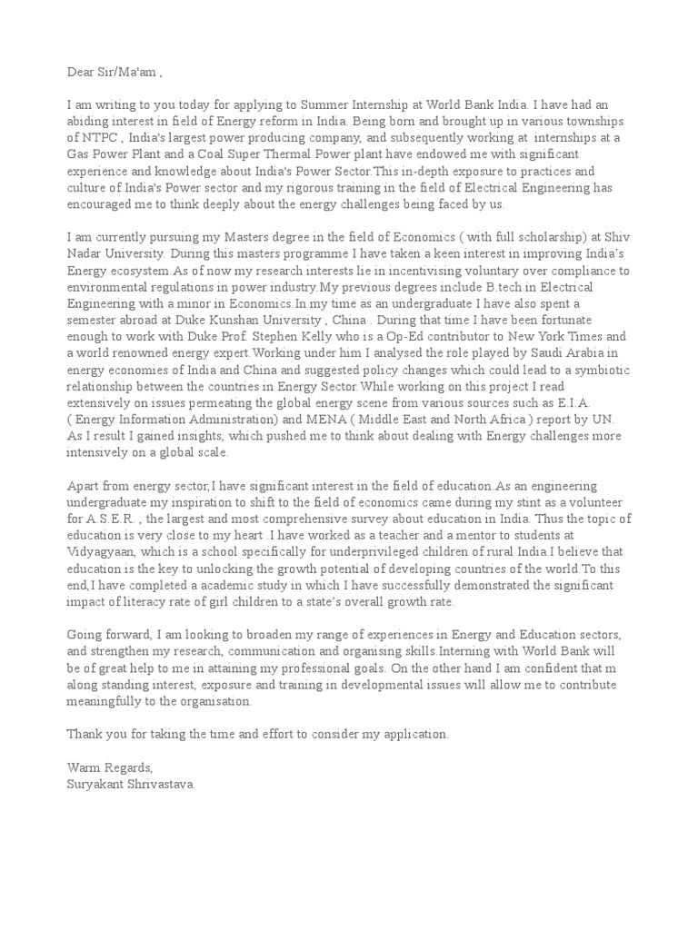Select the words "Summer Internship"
tap(337, 104)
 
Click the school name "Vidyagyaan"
tap(102, 551)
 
